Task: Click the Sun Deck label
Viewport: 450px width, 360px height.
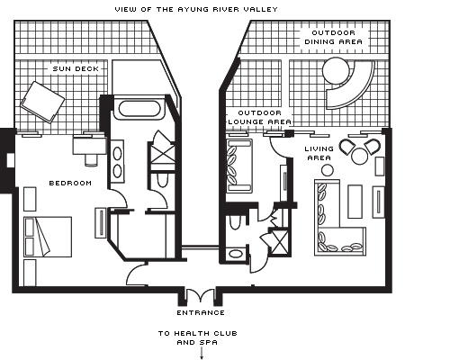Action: pyautogui.click(x=76, y=68)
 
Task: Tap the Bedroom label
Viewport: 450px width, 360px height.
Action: pyautogui.click(x=70, y=183)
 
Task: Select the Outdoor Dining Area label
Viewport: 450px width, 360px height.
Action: pyautogui.click(x=333, y=37)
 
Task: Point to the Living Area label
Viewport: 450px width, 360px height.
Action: pyautogui.click(x=319, y=153)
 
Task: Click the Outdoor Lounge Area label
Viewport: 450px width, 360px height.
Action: pyautogui.click(x=260, y=117)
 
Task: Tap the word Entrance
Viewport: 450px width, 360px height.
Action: pyautogui.click(x=201, y=312)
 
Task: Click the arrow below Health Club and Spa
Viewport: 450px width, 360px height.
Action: pyautogui.click(x=202, y=354)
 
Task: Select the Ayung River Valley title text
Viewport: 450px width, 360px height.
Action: pyautogui.click(x=196, y=9)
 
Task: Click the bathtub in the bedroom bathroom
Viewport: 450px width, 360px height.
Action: pyautogui.click(x=139, y=109)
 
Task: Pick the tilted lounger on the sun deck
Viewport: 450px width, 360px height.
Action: pyautogui.click(x=42, y=102)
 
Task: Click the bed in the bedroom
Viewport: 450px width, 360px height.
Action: pyautogui.click(x=48, y=237)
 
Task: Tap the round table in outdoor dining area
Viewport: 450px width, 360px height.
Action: pyautogui.click(x=336, y=70)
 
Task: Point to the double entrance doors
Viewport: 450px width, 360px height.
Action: pyautogui.click(x=200, y=295)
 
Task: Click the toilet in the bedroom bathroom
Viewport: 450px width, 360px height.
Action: pyautogui.click(x=162, y=179)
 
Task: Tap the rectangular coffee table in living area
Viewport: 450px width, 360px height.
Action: pyautogui.click(x=355, y=202)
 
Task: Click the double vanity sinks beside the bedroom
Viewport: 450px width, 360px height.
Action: pyautogui.click(x=117, y=162)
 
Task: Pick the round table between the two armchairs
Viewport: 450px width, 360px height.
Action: pyautogui.click(x=360, y=157)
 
